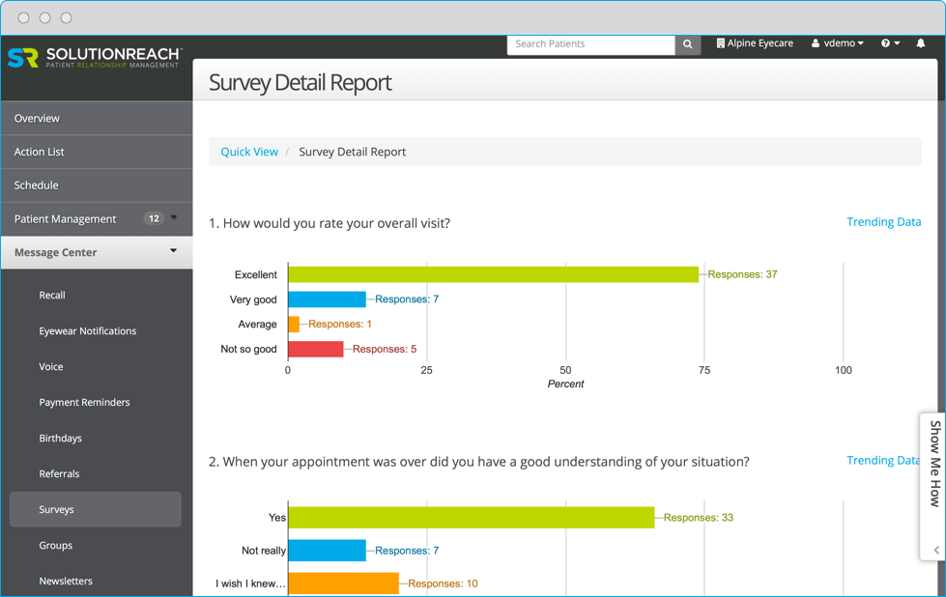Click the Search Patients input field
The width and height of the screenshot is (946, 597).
(x=590, y=44)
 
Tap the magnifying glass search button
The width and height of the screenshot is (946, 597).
(x=688, y=44)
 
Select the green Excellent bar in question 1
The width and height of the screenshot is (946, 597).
(x=493, y=274)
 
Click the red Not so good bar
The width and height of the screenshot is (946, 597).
(x=316, y=349)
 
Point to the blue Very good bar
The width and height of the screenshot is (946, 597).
(x=327, y=299)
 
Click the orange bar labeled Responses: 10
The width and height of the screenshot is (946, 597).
(x=343, y=583)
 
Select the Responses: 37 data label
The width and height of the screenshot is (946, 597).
(x=742, y=274)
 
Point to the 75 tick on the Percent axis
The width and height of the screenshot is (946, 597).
(x=704, y=370)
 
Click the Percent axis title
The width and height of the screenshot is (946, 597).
(x=565, y=384)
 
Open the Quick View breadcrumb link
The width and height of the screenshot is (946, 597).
(x=249, y=152)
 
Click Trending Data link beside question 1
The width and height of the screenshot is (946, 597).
(x=883, y=222)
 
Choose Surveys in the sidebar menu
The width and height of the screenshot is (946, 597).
(x=57, y=509)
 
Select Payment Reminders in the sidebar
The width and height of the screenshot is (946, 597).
(x=84, y=402)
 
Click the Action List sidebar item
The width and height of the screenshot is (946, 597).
(x=40, y=152)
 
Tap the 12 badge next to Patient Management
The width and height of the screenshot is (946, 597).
(x=153, y=218)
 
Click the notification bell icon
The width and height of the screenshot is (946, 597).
(x=920, y=43)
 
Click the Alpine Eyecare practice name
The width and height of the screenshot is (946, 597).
(x=755, y=43)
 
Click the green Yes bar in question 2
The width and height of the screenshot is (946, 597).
(x=472, y=518)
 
